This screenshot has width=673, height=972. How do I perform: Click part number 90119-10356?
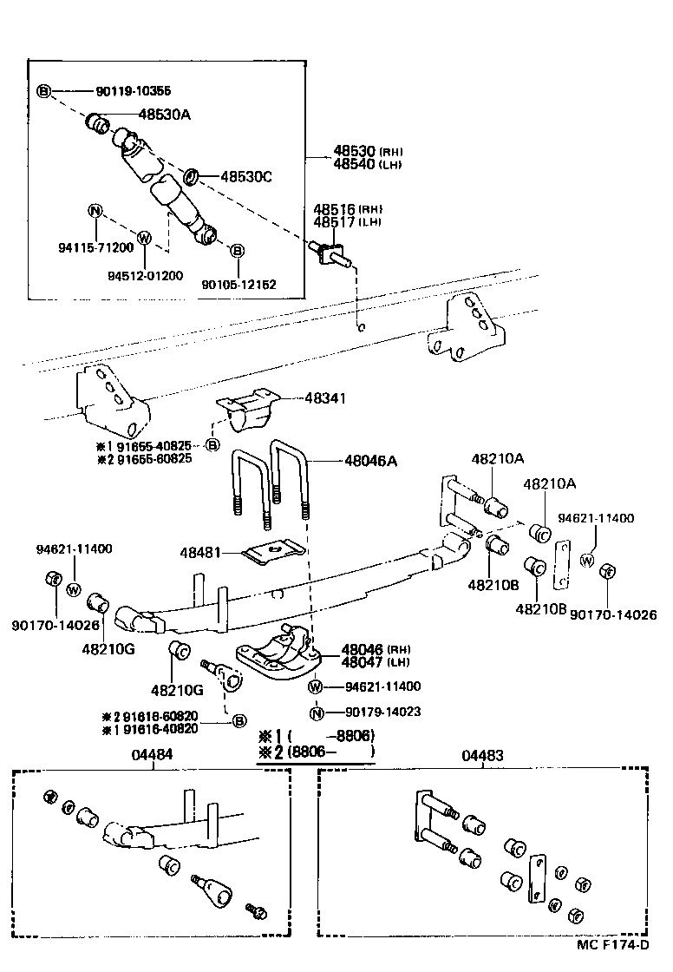pos(134,91)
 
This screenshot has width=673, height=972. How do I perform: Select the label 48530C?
pos(246,177)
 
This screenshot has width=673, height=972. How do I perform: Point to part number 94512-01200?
pos(145,276)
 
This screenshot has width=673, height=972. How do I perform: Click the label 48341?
pos(325,398)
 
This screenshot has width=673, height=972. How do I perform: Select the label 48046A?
pos(370,462)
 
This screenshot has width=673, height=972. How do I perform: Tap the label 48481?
pos(200,552)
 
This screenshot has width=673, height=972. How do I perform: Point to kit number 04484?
pos(152,755)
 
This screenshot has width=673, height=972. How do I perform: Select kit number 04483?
pos(483,756)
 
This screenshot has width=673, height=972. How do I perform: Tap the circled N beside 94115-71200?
pos(95,210)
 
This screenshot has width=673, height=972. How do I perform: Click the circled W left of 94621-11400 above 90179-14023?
pos(317,687)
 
